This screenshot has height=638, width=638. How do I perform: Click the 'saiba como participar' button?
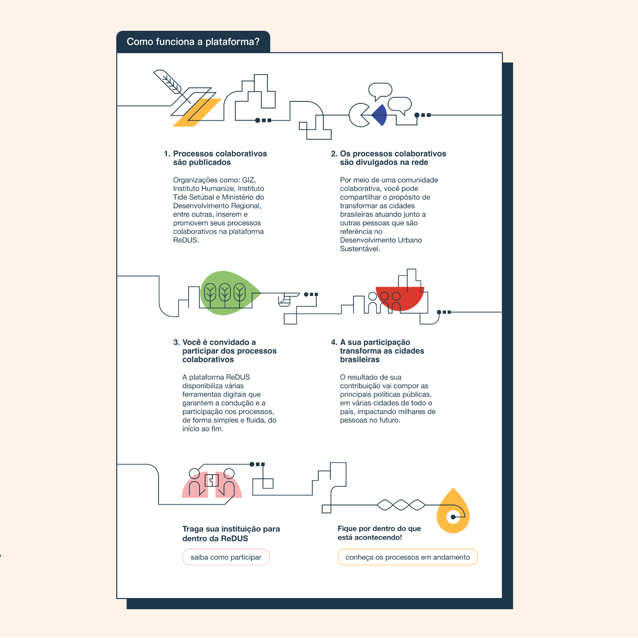(x=226, y=557)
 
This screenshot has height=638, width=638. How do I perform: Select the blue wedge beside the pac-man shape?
(x=380, y=115)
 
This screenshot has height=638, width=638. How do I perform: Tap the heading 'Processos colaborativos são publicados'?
(x=220, y=158)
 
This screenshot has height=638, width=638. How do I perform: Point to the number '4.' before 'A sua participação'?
(x=334, y=342)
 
